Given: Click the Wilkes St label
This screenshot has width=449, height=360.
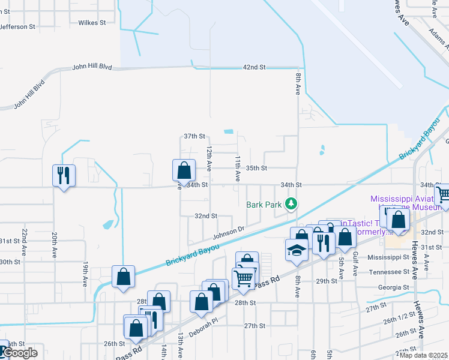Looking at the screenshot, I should coord(92,22).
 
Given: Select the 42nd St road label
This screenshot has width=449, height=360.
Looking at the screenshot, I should coord(254,67).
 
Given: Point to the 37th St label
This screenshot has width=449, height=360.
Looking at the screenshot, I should coord(194,136).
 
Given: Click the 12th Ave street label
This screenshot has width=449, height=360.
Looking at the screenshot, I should coord(209,155).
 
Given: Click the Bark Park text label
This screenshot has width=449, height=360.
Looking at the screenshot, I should coord(264,205).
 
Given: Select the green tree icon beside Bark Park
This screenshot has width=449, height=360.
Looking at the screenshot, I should coord(291,204).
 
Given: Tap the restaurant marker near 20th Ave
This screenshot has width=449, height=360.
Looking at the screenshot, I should coord(64,175).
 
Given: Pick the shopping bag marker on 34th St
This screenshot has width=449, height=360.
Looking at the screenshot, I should coord(184,170).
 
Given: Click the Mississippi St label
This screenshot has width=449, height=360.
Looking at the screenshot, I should coord(388,256).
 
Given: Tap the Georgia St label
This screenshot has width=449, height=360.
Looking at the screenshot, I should coord(394,287).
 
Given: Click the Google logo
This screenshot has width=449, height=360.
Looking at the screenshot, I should coord(19,352).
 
